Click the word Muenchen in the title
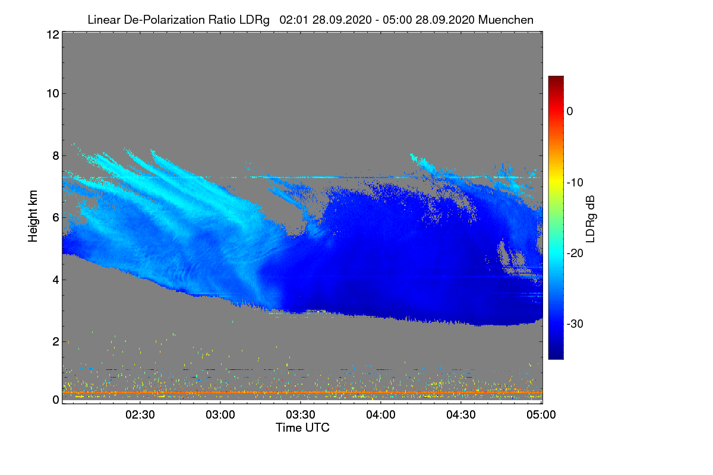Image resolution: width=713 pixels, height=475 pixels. pyautogui.click(x=506, y=20)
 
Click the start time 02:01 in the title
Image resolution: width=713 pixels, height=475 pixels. pyautogui.click(x=294, y=20)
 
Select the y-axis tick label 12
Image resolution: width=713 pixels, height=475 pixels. pyautogui.click(x=53, y=34)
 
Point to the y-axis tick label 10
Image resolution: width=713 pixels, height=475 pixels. pyautogui.click(x=53, y=94)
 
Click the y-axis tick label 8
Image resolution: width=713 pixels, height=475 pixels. pyautogui.click(x=56, y=156)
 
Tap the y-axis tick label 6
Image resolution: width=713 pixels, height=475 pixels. pyautogui.click(x=56, y=218)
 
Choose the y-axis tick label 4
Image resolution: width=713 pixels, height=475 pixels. pyautogui.click(x=56, y=280)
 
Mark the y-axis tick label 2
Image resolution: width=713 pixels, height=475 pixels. pyautogui.click(x=56, y=341)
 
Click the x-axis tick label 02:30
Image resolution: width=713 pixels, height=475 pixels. pyautogui.click(x=140, y=414)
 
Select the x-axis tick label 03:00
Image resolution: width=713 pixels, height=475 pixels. pyautogui.click(x=220, y=414)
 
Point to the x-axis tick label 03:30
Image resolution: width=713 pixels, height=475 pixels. pyautogui.click(x=301, y=414)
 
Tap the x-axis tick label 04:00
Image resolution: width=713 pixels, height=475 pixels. pyautogui.click(x=381, y=414)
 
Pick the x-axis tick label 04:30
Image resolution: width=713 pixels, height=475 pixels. pyautogui.click(x=461, y=414)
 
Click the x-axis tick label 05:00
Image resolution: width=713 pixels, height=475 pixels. pyautogui.click(x=541, y=414)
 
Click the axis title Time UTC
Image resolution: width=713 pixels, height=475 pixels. pyautogui.click(x=302, y=427)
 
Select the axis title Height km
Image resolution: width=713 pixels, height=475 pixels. pyautogui.click(x=33, y=216)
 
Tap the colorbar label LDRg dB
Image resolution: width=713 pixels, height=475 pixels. pyautogui.click(x=590, y=219)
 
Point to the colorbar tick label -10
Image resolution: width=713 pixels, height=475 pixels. pyautogui.click(x=575, y=183)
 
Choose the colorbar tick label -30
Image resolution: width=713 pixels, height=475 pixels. pyautogui.click(x=575, y=324)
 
